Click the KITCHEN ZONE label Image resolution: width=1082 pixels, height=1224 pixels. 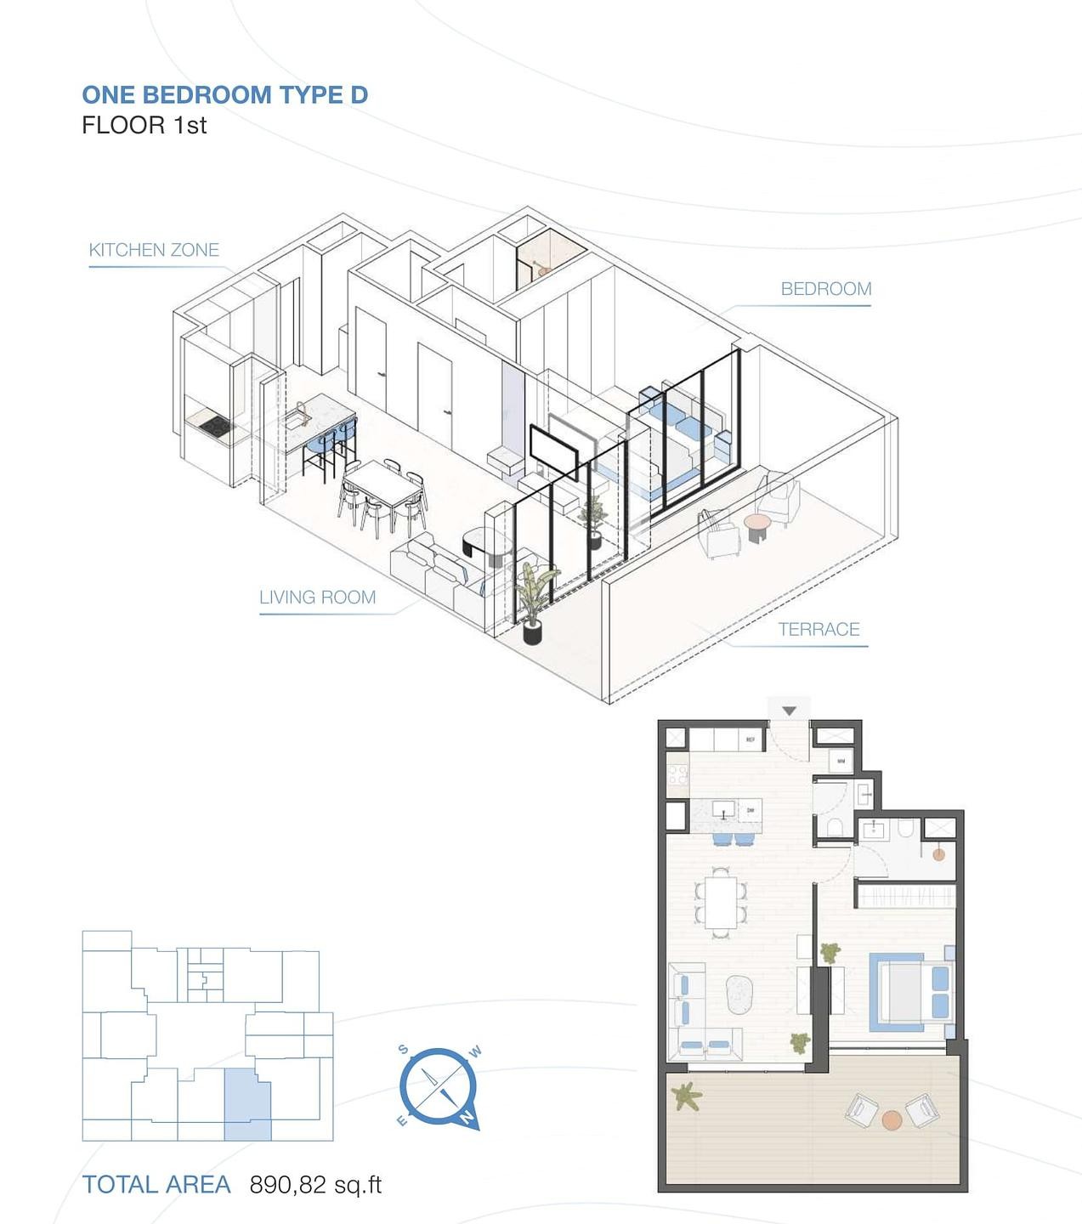[x=154, y=250]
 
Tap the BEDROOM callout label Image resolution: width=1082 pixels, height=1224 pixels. [x=825, y=289]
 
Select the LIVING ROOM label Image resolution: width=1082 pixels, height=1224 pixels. [x=317, y=598]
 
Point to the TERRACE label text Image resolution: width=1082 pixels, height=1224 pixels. [x=819, y=630]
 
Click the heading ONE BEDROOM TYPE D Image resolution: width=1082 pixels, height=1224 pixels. [x=224, y=94]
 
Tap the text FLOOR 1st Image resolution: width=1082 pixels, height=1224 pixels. [x=144, y=126]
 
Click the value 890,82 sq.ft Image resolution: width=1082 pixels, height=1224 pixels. [x=315, y=1185]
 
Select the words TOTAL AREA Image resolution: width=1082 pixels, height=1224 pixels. [x=156, y=1185]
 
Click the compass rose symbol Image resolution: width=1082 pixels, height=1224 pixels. [x=439, y=1087]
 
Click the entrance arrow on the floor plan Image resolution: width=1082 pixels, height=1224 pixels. [x=789, y=711]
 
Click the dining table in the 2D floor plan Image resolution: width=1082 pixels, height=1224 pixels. [x=721, y=903]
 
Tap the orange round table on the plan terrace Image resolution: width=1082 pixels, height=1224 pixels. [x=891, y=1119]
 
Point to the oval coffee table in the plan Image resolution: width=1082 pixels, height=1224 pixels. [x=739, y=994]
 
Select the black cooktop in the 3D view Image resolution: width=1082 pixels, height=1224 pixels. [x=211, y=426]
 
